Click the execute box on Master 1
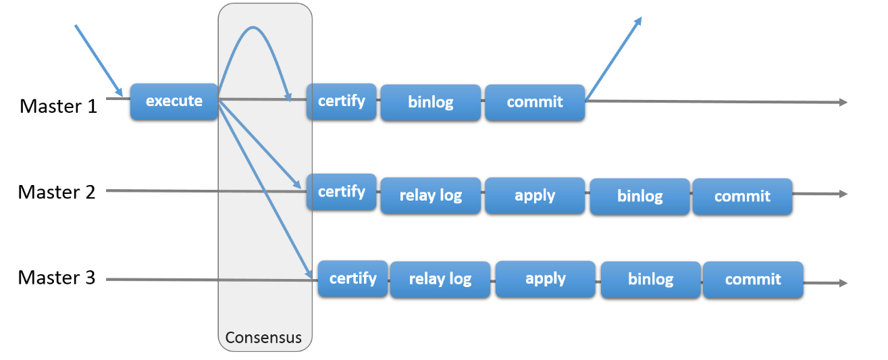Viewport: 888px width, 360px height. (174, 101)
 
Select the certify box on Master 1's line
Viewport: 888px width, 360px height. (341, 101)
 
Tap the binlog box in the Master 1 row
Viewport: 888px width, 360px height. (430, 103)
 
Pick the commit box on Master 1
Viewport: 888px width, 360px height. (534, 103)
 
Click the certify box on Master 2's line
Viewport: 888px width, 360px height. (341, 192)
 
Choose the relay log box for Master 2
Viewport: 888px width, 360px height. (430, 196)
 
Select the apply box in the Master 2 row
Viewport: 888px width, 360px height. (534, 196)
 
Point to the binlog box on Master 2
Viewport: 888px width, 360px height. (639, 197)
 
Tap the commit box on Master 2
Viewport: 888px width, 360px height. (742, 197)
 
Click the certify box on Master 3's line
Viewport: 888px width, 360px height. (352, 278)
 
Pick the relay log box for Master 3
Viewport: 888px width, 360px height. (440, 280)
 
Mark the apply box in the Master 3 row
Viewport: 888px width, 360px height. (545, 279)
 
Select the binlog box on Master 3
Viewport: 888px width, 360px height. (650, 280)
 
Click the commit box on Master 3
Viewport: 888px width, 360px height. (753, 280)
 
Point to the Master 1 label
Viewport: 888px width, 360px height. (58, 106)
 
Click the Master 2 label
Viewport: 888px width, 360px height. (57, 192)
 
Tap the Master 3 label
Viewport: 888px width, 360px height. (57, 278)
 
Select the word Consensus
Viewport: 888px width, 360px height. (263, 337)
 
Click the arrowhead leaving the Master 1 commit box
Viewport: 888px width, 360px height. (637, 21)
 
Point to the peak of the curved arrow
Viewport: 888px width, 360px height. (253, 28)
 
